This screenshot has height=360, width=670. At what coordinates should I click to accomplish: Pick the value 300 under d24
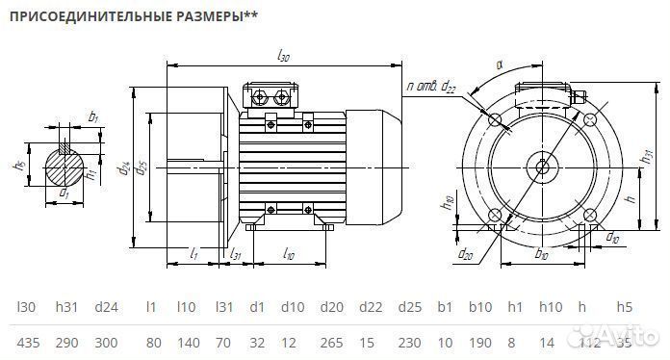point(107,342)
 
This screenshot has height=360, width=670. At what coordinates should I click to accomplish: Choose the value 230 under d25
point(411,342)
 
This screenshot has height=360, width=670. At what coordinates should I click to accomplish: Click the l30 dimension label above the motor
point(283,57)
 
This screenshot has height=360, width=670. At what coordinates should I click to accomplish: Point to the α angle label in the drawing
point(500,65)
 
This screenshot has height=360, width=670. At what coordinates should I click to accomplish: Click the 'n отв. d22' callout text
point(432,88)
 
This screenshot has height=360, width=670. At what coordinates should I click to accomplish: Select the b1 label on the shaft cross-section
point(92,117)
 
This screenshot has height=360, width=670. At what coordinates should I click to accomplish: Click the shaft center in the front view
point(543,166)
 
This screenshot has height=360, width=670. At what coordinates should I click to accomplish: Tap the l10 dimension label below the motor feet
point(288,255)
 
